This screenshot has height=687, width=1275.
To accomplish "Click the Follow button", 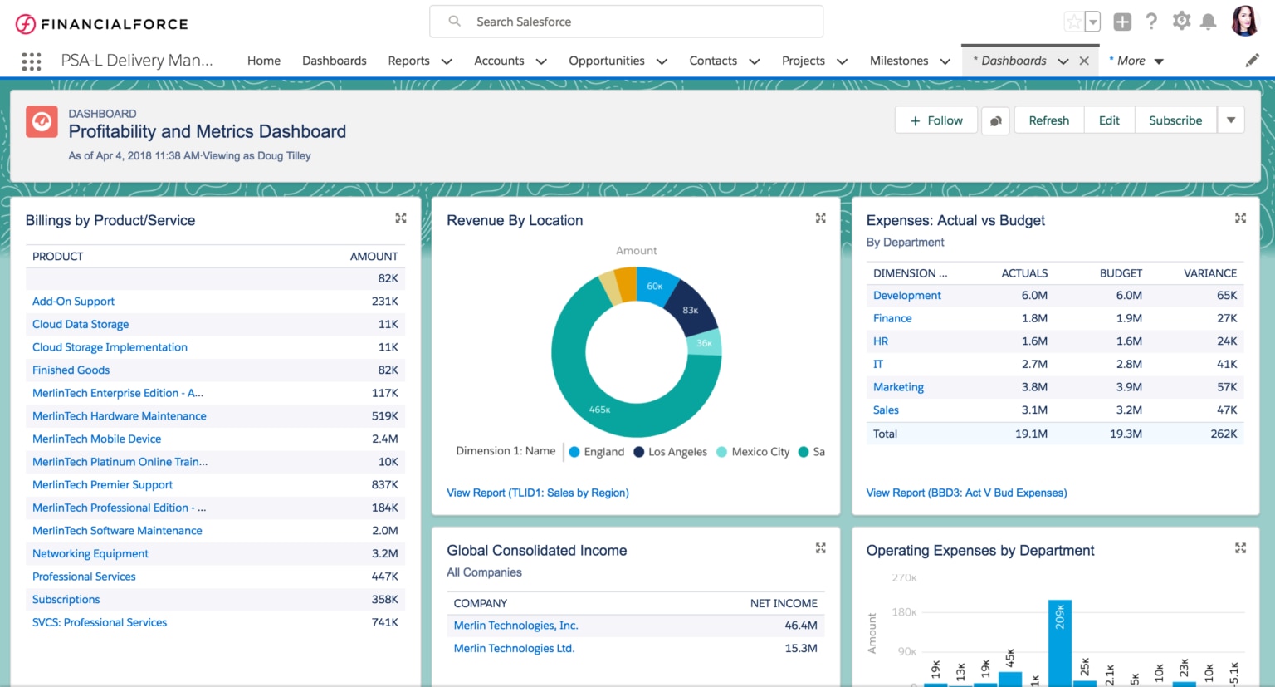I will tap(935, 120).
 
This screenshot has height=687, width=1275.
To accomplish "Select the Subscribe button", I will tap(1175, 120).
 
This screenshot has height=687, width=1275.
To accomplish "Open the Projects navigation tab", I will tap(803, 61).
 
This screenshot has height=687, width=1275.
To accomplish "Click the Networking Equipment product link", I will tap(90, 553).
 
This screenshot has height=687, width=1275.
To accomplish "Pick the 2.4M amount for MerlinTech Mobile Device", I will tap(384, 439).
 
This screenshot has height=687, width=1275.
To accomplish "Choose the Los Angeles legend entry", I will tap(677, 452).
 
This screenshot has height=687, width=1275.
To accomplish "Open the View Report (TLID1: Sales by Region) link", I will tap(537, 493).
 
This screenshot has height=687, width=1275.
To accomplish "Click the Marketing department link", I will tap(898, 387).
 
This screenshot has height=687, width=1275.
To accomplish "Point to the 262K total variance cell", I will tap(1223, 434).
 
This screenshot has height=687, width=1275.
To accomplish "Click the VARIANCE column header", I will tap(1209, 273).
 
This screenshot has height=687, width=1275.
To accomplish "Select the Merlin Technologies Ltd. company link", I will tap(514, 649).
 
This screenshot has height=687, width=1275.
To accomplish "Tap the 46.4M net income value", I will tap(800, 626).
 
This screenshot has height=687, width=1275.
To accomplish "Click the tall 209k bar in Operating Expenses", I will tap(1059, 644).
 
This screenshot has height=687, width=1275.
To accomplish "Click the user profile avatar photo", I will tap(1244, 22).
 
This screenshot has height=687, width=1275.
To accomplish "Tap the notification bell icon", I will tap(1209, 22).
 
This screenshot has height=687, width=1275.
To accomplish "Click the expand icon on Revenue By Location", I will tap(820, 218).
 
